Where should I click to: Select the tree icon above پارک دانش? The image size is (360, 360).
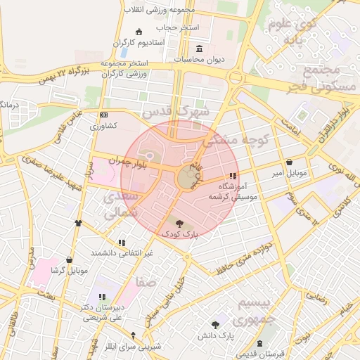pyautogui.click(x=214, y=325)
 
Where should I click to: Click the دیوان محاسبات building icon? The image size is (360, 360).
pyautogui.click(x=200, y=49)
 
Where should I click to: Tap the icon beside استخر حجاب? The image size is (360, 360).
pyautogui.click(x=138, y=31)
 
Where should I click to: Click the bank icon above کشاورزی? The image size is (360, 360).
pyautogui.click(x=104, y=115)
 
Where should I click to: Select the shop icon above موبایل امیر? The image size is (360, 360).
pyautogui.click(x=290, y=162)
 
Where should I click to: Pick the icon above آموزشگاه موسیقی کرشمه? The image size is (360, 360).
pyautogui.click(x=233, y=176)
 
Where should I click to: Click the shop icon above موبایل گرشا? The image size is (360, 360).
pyautogui.click(x=69, y=259)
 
